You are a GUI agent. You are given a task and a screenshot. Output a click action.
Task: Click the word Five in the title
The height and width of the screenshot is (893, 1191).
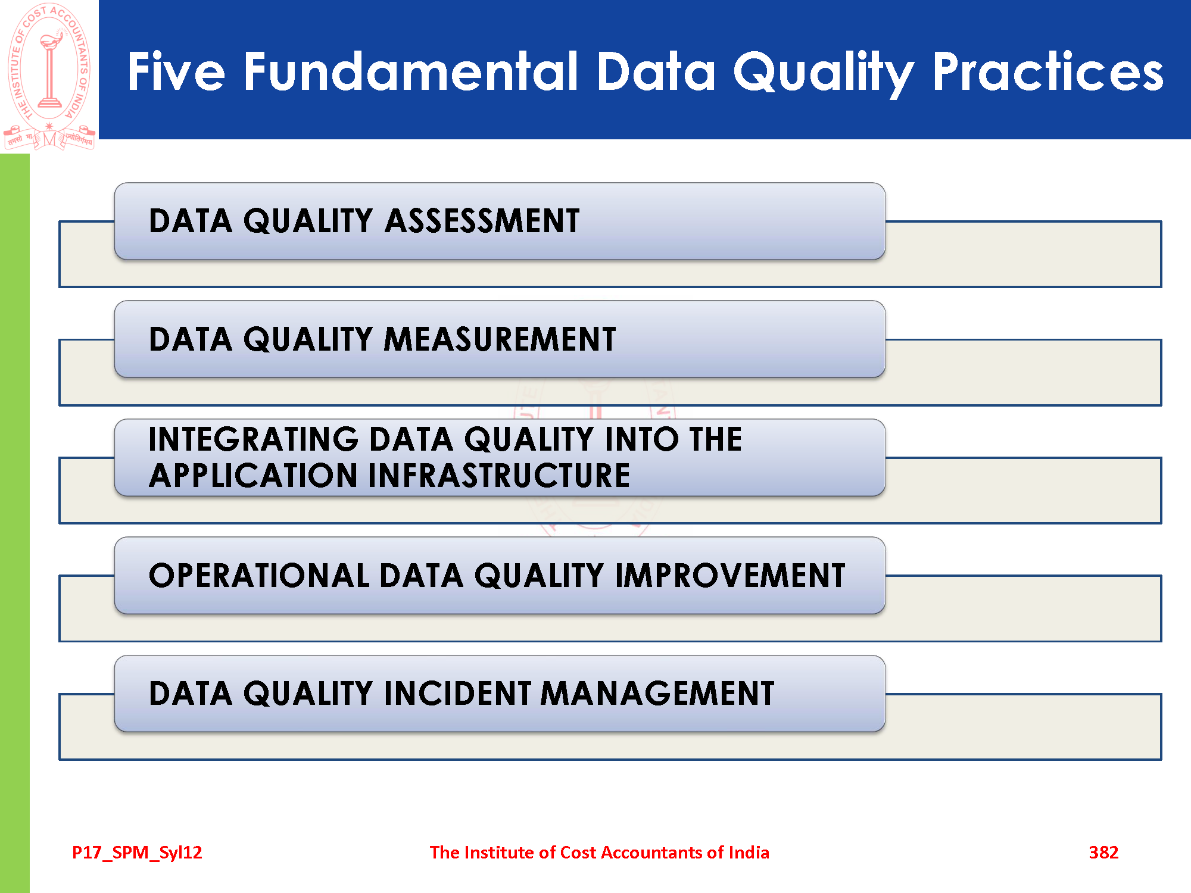click(176, 71)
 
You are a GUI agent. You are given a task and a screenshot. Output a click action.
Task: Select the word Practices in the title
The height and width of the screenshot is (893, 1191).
click(1048, 71)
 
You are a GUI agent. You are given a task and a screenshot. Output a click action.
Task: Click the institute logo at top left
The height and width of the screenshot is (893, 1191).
click(49, 76)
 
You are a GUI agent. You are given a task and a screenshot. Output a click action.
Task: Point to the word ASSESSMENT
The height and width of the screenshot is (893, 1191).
click(482, 221)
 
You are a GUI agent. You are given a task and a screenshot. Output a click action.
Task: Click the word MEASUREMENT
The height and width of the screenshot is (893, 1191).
click(500, 339)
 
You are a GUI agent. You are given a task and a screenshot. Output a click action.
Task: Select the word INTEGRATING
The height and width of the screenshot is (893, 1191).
click(254, 439)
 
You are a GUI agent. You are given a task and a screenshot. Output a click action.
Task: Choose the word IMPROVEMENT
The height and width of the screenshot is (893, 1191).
click(730, 576)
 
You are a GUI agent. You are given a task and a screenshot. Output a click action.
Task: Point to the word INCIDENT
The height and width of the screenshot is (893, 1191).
click(457, 694)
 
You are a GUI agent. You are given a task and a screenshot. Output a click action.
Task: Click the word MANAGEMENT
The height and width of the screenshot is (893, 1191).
click(657, 694)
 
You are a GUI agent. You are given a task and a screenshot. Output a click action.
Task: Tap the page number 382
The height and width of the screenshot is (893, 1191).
click(1103, 853)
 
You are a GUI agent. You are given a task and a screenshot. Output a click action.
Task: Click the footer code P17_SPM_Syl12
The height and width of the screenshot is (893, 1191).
click(137, 853)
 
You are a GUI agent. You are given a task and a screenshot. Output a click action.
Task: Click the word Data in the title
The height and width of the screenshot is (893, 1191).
click(656, 71)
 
